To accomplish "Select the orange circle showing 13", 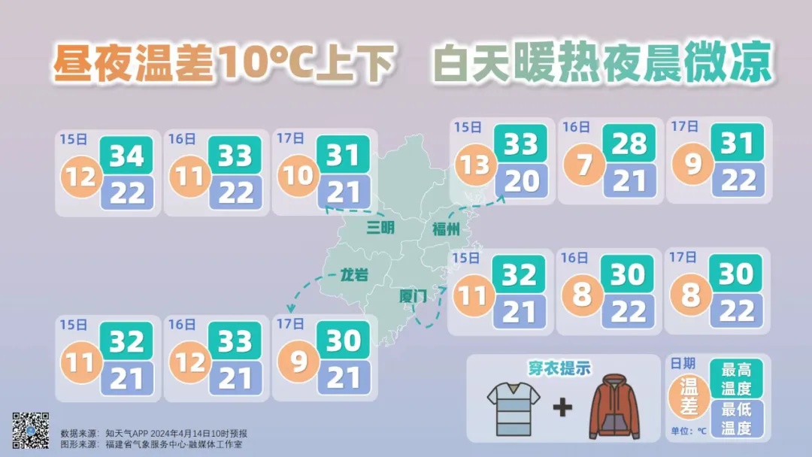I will click(474, 164).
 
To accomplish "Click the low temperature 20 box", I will click(520, 181).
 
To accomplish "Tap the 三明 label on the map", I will click(380, 227).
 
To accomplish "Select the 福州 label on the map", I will click(445, 229).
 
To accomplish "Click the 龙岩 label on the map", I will click(354, 275).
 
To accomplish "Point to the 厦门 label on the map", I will click(413, 296).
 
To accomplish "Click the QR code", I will click(31, 431).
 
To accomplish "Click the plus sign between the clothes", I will click(562, 408).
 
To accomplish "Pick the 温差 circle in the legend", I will click(689, 397).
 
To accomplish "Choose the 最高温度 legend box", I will click(736, 379).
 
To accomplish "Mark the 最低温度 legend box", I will click(736, 419).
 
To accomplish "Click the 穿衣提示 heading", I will click(559, 368).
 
